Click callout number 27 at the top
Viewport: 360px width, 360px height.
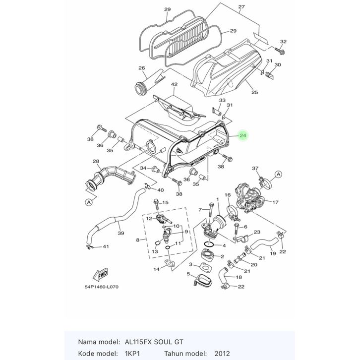coord(241,7)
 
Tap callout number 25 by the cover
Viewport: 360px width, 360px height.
coord(255,92)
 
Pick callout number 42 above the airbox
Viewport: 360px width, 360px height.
coord(174,85)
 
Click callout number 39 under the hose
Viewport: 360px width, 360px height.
coord(120,233)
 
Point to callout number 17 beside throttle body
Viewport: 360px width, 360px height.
coord(276,202)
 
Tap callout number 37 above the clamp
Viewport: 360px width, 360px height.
coord(255,169)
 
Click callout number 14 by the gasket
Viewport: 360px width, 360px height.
coord(156,269)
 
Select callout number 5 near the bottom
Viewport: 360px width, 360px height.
coord(188,274)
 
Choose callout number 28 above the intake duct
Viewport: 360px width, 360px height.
coord(96,161)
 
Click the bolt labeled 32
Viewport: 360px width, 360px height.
coord(282,50)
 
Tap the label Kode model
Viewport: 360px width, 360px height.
coord(95,354)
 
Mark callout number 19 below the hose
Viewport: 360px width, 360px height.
coord(273,254)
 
